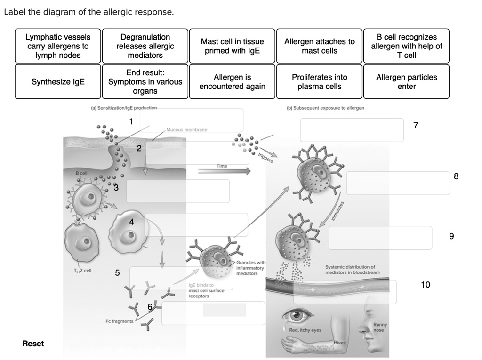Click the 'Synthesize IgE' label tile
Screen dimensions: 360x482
pyautogui.click(x=58, y=82)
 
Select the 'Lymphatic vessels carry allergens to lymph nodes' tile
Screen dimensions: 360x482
pyautogui.click(x=58, y=46)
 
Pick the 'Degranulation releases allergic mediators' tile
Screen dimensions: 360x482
pyautogui.click(x=145, y=46)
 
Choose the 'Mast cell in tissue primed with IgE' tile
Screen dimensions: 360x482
pyautogui.click(x=232, y=46)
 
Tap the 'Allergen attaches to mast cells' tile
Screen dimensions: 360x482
pyautogui.click(x=319, y=46)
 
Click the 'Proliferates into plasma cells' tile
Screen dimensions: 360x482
pyautogui.click(x=319, y=82)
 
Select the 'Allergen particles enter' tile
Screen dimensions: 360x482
pyautogui.click(x=406, y=82)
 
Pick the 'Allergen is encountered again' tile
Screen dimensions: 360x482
pyautogui.click(x=232, y=82)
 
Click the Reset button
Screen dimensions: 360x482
pyautogui.click(x=33, y=344)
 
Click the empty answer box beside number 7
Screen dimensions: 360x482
pyautogui.click(x=352, y=130)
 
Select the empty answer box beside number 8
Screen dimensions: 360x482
pyautogui.click(x=398, y=183)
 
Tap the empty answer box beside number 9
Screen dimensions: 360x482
pyautogui.click(x=380, y=238)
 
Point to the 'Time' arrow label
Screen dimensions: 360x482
pyautogui.click(x=222, y=166)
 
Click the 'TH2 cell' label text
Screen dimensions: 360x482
pyautogui.click(x=82, y=271)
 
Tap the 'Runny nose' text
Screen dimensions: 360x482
pyautogui.click(x=380, y=328)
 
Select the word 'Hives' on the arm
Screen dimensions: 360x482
pyautogui.click(x=340, y=342)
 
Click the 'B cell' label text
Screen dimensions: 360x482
pyautogui.click(x=81, y=174)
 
